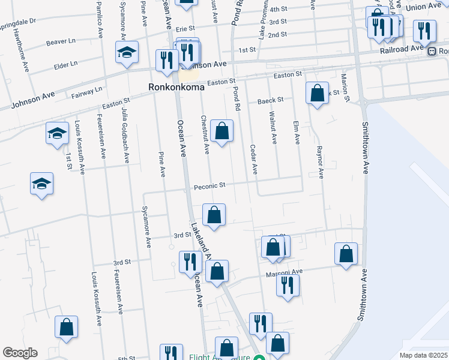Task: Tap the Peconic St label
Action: pos(209,186)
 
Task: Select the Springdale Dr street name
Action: pos(17,20)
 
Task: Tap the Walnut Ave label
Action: pos(273,128)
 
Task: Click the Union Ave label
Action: pos(423,7)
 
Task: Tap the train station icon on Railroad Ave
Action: pos(432,52)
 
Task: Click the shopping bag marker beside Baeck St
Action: pos(317,94)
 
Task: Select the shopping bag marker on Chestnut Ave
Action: pos(221,130)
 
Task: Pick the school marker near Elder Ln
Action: pos(127,52)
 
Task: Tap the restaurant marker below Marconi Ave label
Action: pos(288,284)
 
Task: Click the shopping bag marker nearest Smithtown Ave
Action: pos(346,254)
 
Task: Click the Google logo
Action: pos(20,353)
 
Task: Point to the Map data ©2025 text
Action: pos(423,355)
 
